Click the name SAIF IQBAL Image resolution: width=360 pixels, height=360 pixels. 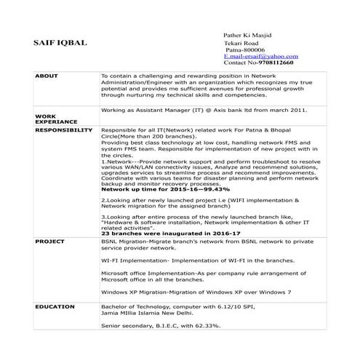60,43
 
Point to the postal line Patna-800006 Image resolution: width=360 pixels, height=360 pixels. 245,49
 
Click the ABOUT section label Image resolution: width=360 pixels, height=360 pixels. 46,76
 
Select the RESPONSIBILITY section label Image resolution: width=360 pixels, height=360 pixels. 63,130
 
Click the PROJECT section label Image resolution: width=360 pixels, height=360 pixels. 50,239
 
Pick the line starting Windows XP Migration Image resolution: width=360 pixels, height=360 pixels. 196,291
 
